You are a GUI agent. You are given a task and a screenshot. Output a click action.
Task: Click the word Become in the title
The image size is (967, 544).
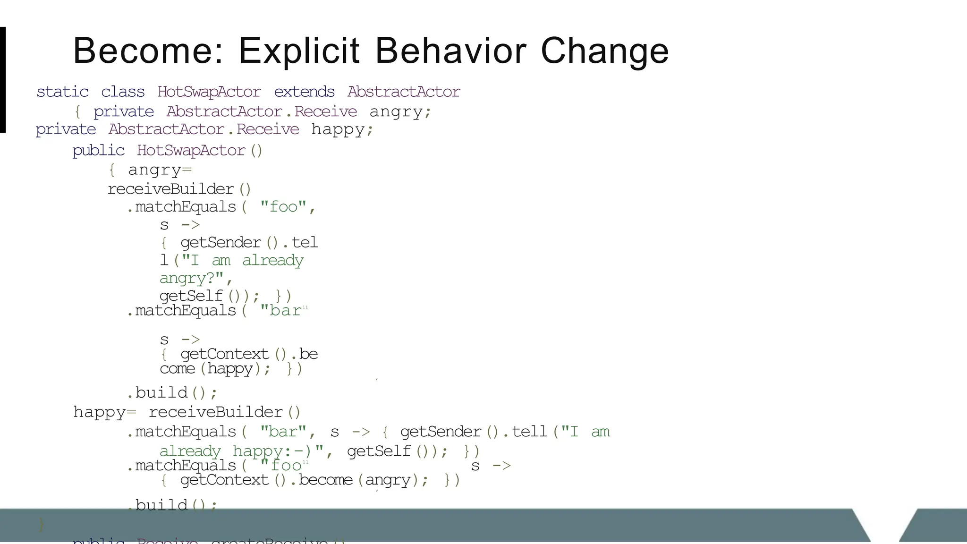[148, 51]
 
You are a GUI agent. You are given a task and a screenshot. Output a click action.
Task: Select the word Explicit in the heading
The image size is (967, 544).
[299, 51]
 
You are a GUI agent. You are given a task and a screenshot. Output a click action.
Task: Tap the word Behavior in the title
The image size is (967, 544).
[450, 51]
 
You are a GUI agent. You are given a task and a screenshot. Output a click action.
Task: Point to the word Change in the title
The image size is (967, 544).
[604, 51]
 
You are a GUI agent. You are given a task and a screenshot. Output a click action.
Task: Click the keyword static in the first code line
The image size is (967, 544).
[62, 92]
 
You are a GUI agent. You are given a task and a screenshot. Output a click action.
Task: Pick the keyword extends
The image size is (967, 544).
[304, 92]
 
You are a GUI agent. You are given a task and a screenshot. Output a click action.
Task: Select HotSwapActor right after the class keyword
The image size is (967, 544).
[209, 92]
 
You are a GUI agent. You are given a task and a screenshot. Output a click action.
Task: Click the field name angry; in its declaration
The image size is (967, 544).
[400, 111]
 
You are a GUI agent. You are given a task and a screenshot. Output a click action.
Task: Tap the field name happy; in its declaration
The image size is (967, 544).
[342, 129]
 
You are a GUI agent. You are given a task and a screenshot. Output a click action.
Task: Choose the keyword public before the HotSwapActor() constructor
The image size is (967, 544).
[98, 151]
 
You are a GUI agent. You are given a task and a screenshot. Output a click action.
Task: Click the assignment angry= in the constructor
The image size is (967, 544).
[160, 170]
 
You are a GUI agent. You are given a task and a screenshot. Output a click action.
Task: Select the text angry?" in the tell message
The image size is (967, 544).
[196, 278]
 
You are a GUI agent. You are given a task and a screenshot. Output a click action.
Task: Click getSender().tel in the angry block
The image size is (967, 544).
[249, 243]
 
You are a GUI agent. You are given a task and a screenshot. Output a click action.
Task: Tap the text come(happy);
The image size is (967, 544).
[215, 368]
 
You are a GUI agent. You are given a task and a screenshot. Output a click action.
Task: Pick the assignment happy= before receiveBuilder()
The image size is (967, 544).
[104, 412]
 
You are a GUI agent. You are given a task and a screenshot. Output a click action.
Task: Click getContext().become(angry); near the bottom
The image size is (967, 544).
[304, 480]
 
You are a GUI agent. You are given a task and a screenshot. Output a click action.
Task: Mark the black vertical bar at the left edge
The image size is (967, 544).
[3, 80]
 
